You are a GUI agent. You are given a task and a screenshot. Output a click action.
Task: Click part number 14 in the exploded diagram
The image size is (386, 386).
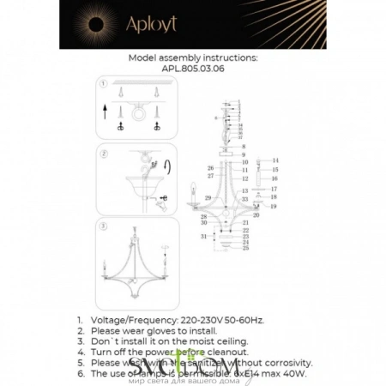(x=275, y=161)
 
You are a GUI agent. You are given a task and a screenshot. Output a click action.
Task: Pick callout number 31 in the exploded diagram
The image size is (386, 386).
(x=203, y=236)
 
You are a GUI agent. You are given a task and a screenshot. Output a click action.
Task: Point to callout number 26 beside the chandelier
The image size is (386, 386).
(x=210, y=167)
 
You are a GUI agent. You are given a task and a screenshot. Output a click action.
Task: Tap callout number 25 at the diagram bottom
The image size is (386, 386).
(x=244, y=249)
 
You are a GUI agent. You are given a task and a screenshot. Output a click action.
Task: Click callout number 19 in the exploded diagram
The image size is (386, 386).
(x=274, y=207)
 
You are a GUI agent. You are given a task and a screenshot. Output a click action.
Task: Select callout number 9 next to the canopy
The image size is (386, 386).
(x=244, y=154)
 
